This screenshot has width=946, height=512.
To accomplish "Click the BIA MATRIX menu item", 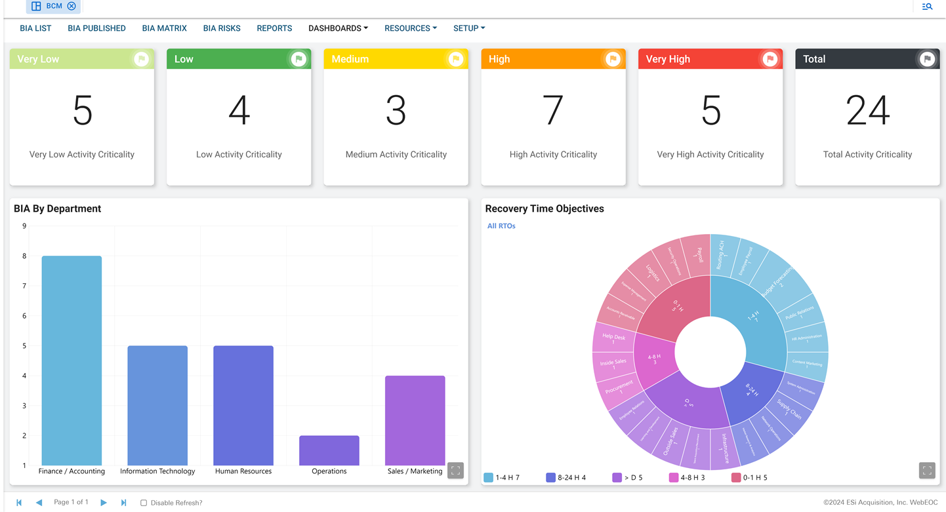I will pos(164,28).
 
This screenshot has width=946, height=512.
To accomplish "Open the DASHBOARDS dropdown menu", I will pos(338,28).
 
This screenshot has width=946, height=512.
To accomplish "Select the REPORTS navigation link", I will pos(274,28).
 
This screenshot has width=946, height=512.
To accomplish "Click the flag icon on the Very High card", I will pos(770,59).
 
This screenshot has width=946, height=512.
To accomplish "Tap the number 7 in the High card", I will pos(553,110).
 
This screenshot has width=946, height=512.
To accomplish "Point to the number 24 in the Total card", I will pos(867,110).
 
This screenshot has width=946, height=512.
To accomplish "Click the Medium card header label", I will pos(350,59).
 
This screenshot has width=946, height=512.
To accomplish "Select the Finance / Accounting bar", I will pos(72,361).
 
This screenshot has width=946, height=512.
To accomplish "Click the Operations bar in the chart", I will pos(329,450).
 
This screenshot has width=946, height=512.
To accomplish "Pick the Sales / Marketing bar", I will pos(415,420).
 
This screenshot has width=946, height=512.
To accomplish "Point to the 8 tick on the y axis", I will pos(24,256).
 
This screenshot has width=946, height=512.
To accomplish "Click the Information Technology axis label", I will pos(157,471).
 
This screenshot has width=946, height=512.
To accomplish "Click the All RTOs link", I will pos(501,226).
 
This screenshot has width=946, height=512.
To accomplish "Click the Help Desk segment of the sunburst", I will pos(613,338).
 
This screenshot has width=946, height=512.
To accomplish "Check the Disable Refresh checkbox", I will pos(144,503).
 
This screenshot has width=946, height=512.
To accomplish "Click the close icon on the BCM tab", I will pos(72,6).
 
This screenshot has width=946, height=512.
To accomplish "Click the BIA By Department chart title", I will pos(58,208).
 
